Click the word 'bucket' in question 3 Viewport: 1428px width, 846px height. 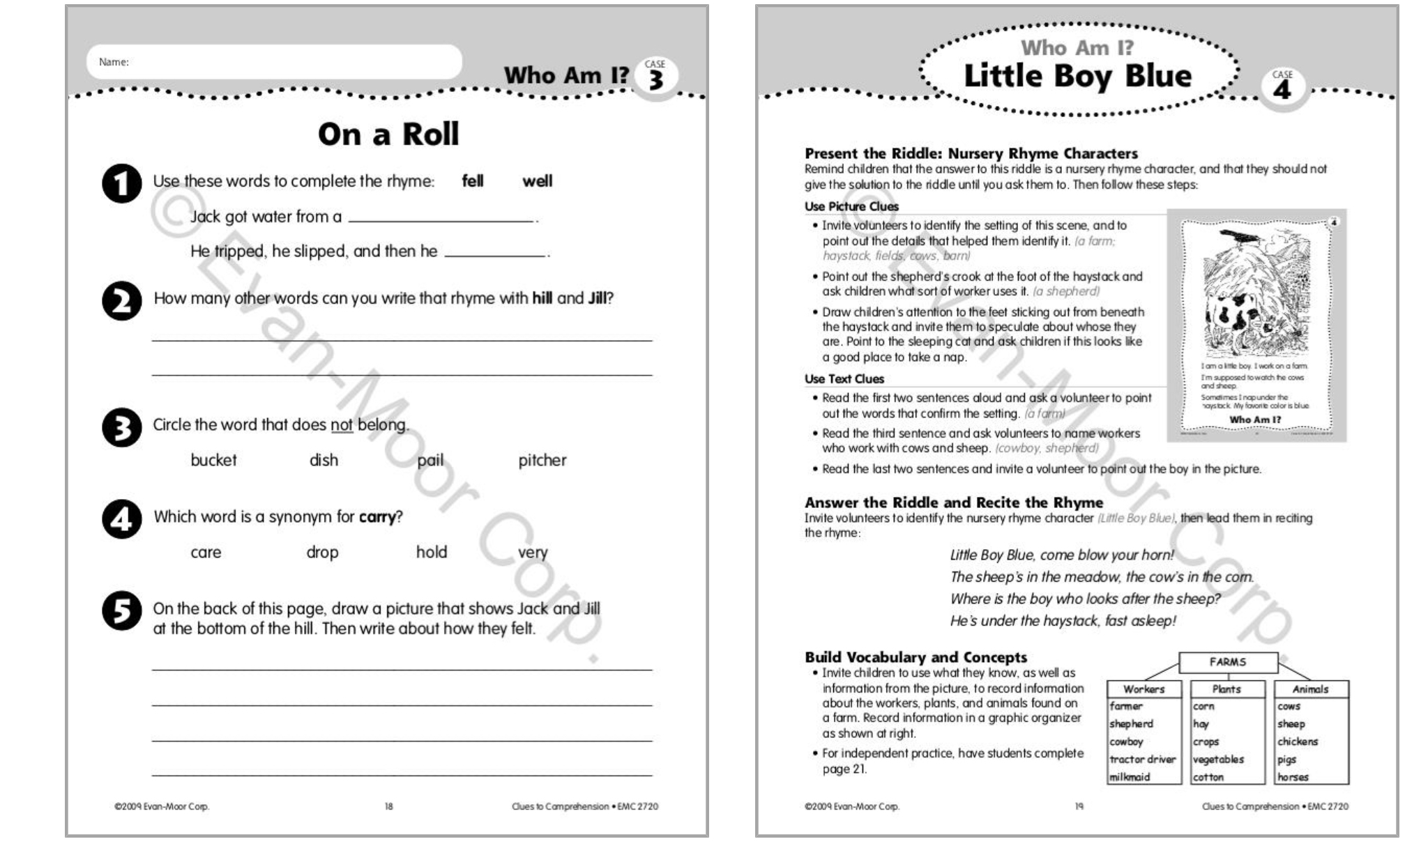[x=213, y=461]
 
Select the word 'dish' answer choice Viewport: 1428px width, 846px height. [x=324, y=461]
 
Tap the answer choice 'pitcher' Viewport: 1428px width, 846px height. [x=542, y=461]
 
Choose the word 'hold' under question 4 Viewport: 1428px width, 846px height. [x=432, y=553]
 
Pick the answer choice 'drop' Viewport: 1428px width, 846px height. [x=322, y=553]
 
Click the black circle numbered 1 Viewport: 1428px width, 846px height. [x=122, y=184]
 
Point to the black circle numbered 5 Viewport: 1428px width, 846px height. [x=122, y=611]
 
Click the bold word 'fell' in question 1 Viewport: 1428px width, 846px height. [x=472, y=181]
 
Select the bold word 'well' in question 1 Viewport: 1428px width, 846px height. [x=537, y=181]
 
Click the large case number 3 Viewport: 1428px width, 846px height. [x=655, y=81]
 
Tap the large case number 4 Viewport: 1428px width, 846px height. [x=1282, y=89]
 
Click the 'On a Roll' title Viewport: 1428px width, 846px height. [x=388, y=134]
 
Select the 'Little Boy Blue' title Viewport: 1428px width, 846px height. [x=1077, y=76]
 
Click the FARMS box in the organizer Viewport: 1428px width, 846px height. [x=1227, y=662]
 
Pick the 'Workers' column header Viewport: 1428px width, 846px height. [x=1144, y=689]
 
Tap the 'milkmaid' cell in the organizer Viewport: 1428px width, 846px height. [x=1130, y=777]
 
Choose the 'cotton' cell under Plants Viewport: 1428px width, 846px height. [x=1208, y=777]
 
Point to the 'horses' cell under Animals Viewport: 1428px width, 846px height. [x=1293, y=777]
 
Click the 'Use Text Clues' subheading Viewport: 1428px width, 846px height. [x=844, y=379]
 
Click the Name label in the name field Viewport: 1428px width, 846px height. [x=114, y=62]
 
